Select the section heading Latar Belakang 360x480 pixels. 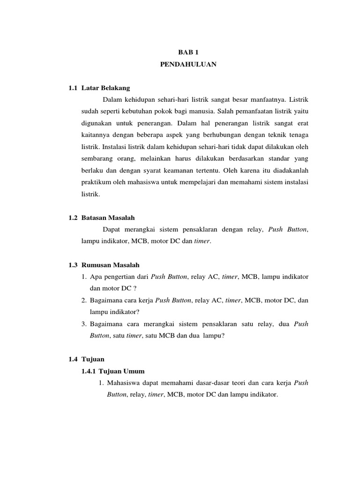[x=105, y=88]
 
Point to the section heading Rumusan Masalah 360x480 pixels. [x=110, y=265]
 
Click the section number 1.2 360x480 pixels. [x=72, y=217]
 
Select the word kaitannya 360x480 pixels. [x=97, y=135]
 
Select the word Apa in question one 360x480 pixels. [x=96, y=277]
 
